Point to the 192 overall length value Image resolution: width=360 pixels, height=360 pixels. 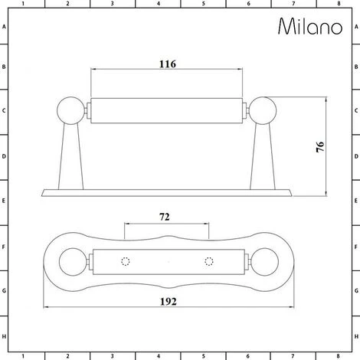169,302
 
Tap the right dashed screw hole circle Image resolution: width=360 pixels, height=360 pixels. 208,262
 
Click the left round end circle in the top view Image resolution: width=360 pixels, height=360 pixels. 71,262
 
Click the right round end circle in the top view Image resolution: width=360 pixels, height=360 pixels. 264,262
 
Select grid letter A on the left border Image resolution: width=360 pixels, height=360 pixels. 5,27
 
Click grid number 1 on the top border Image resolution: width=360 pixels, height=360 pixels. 22,4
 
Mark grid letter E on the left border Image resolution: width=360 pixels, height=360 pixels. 5,203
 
